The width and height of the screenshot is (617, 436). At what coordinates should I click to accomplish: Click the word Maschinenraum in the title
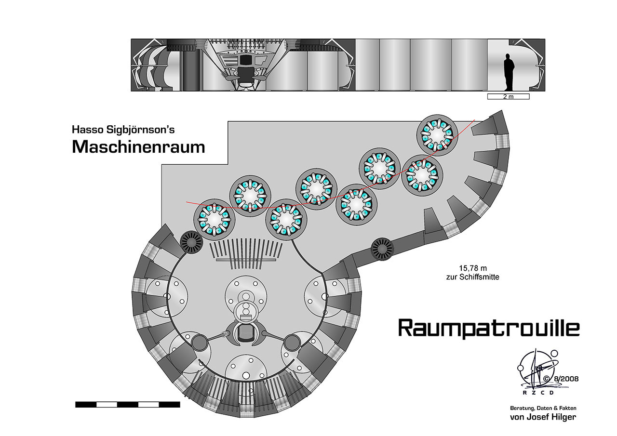(138, 146)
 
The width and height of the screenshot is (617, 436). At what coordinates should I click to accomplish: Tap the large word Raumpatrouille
(489, 328)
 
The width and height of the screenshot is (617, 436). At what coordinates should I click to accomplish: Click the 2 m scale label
(508, 97)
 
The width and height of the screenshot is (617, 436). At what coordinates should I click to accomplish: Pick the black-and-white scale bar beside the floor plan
(128, 405)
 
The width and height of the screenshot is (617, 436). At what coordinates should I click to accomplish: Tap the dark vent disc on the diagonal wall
(382, 249)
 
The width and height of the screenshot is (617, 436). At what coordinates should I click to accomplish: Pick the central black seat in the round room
(246, 333)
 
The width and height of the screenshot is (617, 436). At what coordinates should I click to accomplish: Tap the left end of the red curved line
(188, 202)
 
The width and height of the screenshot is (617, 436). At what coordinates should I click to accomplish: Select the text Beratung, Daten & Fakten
(543, 408)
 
